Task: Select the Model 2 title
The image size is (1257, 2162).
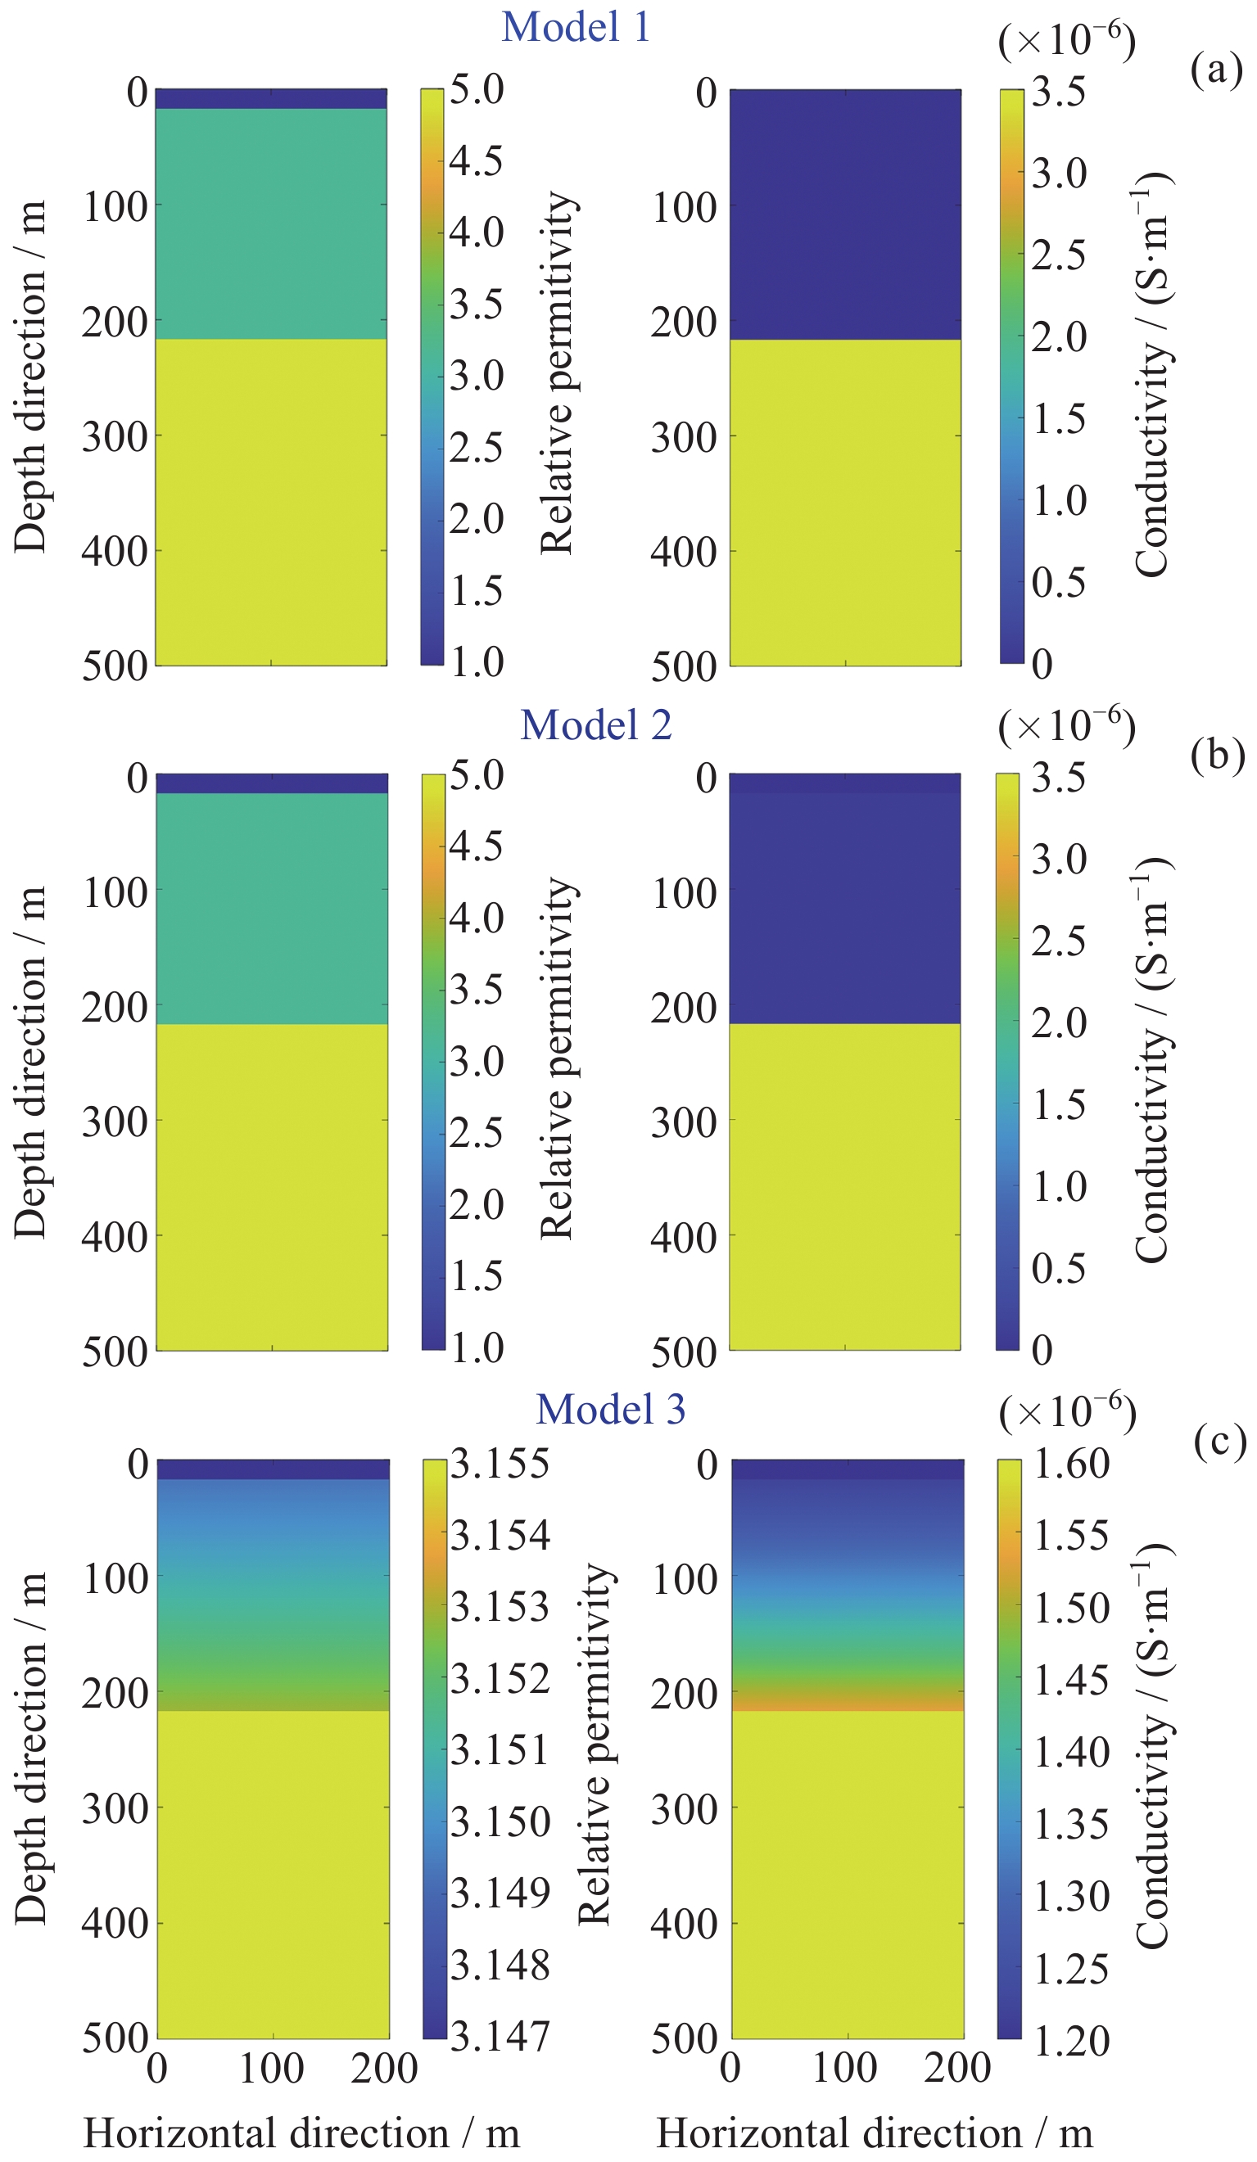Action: (595, 725)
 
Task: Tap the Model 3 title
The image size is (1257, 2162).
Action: (610, 1410)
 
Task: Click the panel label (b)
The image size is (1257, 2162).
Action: (1217, 754)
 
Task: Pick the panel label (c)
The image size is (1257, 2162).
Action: (1219, 1440)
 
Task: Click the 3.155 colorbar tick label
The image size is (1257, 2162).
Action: (500, 1464)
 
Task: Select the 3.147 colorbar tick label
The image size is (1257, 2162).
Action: (500, 2035)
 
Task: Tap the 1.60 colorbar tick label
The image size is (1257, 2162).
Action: (1071, 1464)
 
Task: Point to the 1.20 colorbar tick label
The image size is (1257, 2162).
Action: (1071, 2040)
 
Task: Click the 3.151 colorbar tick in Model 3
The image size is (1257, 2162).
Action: (500, 1749)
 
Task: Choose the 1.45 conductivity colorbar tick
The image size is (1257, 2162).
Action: (1071, 1680)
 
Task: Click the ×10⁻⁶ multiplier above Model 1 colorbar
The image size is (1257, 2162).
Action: (1066, 39)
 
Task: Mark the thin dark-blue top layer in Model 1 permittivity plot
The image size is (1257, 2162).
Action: (270, 97)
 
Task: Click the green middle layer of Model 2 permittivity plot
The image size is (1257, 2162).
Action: (271, 908)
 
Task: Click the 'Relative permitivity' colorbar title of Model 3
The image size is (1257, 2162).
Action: (594, 1747)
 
